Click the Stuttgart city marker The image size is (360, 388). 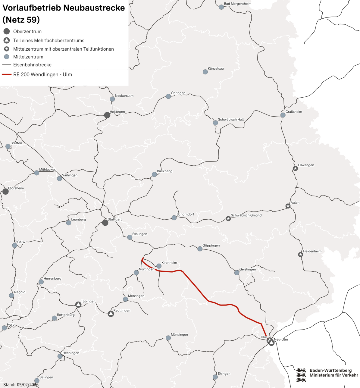tap(105, 223)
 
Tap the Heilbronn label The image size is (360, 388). tap(117, 112)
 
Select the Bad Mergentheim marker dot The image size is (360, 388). tap(221, 7)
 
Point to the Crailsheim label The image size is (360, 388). tap(294, 112)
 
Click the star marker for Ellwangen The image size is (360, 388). tap(295, 169)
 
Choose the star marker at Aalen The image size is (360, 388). tap(288, 206)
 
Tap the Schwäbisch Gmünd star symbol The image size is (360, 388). tap(228, 219)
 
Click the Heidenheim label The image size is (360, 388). tap(312, 251)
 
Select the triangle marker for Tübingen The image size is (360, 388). tap(78, 305)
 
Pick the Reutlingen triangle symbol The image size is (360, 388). tap(111, 314)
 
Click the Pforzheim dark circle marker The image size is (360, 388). tap(5, 191)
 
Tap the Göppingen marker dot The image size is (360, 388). tap(200, 249)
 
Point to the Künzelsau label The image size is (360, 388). tap(216, 69)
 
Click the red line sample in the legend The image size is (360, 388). tap(7, 74)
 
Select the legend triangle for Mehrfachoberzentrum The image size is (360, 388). tap(7, 40)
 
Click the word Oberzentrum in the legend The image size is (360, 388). tap(27, 32)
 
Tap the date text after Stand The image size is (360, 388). tap(28, 385)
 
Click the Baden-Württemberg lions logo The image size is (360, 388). tap(301, 375)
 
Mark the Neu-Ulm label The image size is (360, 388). tap(281, 339)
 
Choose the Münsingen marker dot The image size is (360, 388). tap(168, 338)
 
